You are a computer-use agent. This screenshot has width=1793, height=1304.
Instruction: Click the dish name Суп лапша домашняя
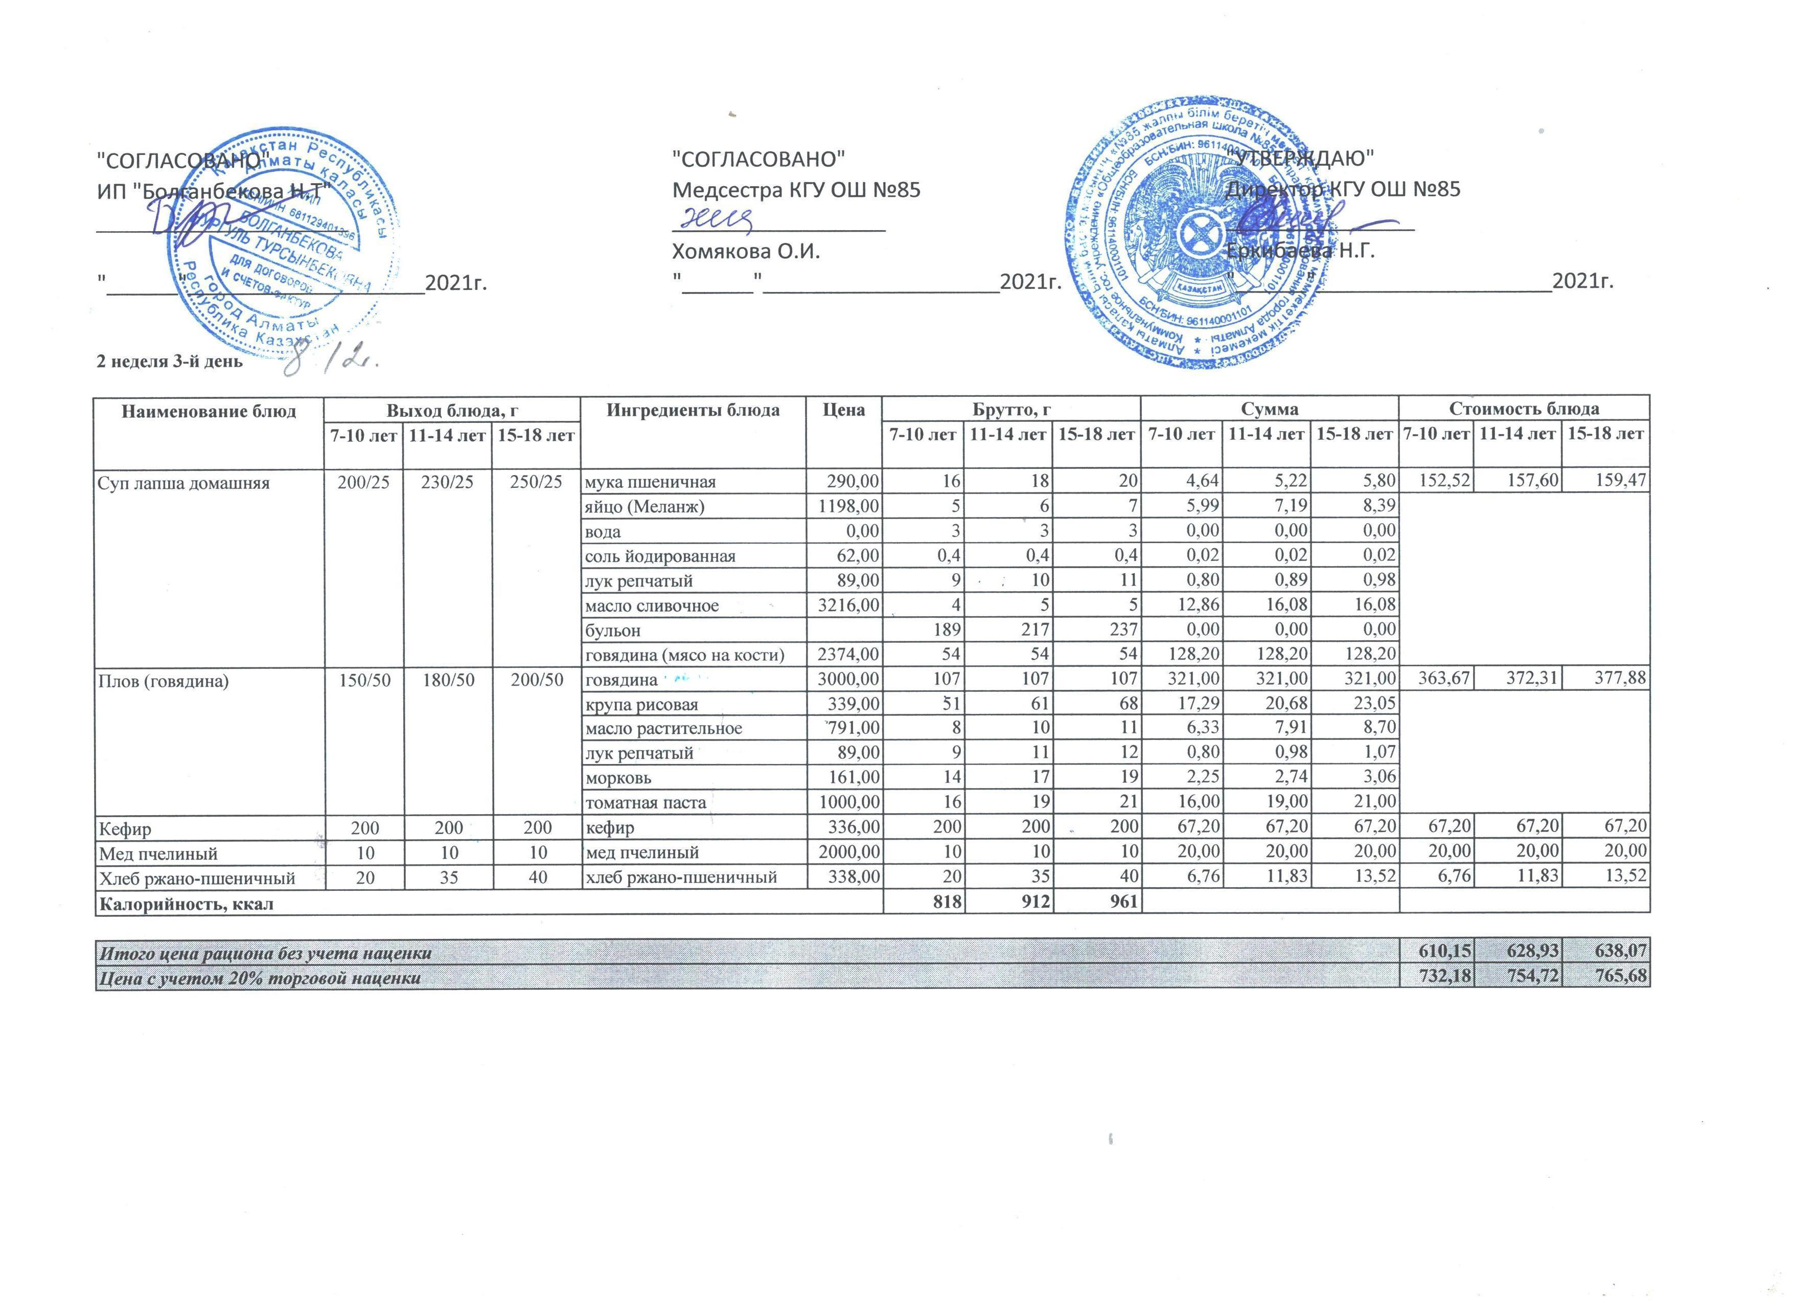(182, 482)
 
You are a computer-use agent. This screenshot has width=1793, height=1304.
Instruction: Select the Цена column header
(843, 410)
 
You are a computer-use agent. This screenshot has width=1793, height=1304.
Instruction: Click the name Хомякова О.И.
(746, 252)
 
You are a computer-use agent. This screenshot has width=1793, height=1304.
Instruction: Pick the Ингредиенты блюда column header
(693, 410)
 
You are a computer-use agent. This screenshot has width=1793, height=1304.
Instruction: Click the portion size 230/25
(447, 482)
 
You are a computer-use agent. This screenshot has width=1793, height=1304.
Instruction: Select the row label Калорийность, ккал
(185, 903)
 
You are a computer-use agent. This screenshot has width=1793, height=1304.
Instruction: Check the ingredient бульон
(613, 630)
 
